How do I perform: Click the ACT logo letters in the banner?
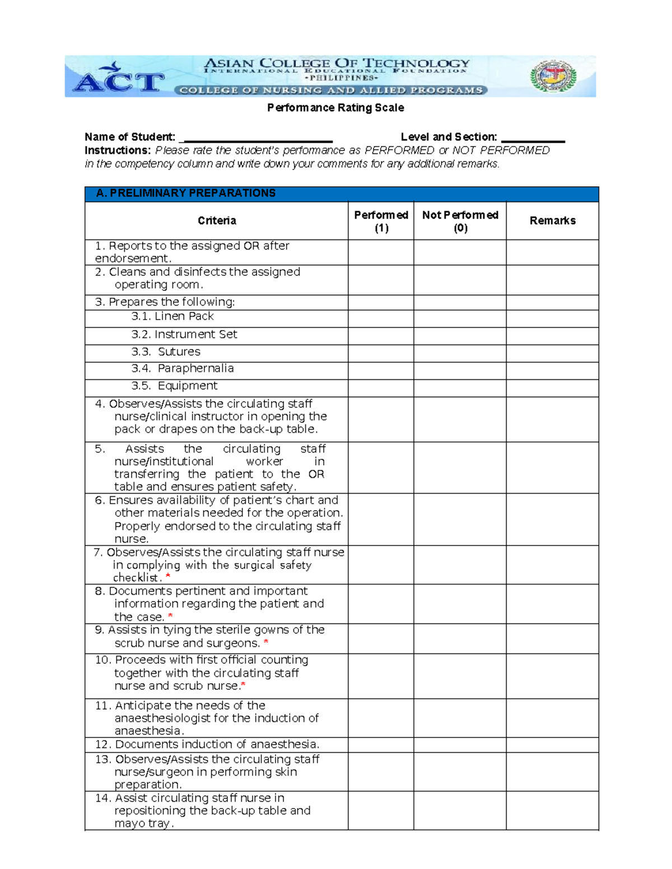click(119, 82)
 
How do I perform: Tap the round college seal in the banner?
click(553, 77)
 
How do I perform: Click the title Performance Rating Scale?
click(335, 107)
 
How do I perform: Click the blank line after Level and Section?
click(533, 138)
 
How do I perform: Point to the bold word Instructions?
click(118, 151)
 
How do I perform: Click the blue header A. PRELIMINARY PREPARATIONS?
click(186, 194)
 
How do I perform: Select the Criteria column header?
click(217, 221)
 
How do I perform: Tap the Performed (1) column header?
click(381, 221)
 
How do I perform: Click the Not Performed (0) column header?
click(460, 221)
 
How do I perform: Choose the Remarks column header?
click(552, 221)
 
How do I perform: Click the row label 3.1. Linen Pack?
click(172, 317)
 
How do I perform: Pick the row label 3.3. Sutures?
click(166, 352)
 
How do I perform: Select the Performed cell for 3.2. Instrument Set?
click(381, 336)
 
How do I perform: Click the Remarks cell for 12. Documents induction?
click(552, 745)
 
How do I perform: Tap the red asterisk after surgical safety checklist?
click(168, 576)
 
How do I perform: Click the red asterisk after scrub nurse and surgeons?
click(266, 642)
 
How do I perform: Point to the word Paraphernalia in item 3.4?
click(195, 369)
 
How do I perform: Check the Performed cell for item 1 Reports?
click(381, 252)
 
